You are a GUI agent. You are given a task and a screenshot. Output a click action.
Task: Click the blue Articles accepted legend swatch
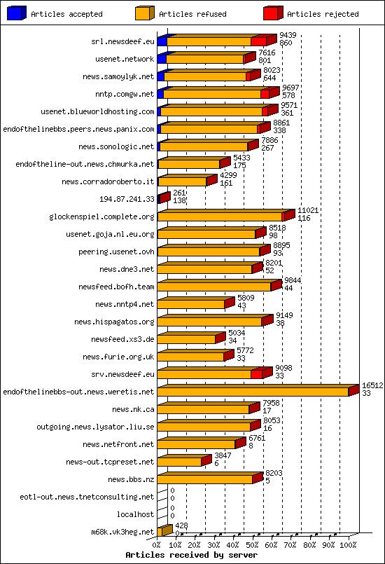click(16, 13)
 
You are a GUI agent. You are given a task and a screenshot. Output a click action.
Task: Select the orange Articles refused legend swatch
click(144, 13)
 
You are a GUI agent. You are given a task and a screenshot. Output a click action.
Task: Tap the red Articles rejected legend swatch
click(272, 13)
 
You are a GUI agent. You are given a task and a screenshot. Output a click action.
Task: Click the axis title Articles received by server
click(191, 554)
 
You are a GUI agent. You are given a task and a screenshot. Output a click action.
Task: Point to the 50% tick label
click(253, 544)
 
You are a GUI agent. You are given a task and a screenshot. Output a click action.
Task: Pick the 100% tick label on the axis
click(348, 544)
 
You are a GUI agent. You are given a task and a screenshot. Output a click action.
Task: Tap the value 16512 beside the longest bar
click(372, 385)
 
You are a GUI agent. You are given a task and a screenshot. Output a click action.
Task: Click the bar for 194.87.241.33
click(164, 199)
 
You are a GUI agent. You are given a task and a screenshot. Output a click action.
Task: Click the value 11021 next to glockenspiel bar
click(308, 210)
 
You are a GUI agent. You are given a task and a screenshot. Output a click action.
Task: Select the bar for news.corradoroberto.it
click(183, 181)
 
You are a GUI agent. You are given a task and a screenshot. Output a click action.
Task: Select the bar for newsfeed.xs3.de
click(188, 339)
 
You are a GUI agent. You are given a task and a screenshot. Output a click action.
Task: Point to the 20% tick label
click(195, 544)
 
